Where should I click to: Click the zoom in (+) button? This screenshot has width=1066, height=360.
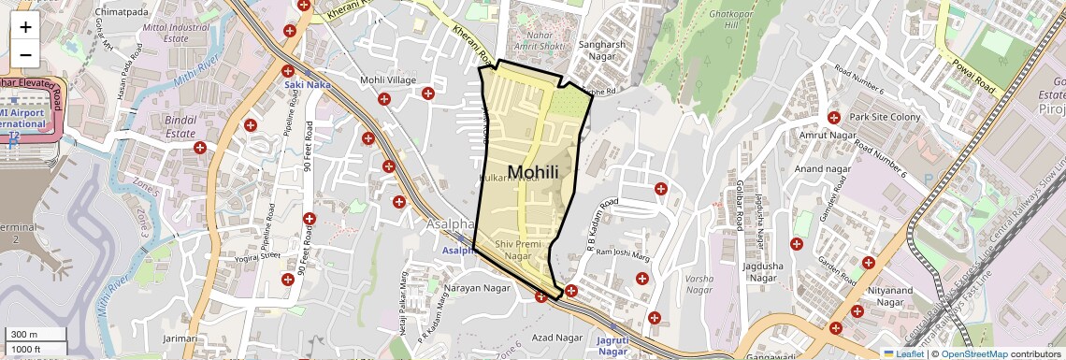(25, 27)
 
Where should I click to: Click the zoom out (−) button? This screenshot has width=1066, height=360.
(25, 54)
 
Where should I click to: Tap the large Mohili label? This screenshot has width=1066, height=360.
(533, 172)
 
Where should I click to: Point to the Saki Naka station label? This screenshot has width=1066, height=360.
(307, 85)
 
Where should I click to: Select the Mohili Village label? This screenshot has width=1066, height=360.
(388, 80)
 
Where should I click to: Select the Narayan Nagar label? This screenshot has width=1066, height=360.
(477, 288)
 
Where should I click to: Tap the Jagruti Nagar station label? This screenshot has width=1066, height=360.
(612, 347)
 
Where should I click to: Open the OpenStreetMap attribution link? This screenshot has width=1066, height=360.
(973, 354)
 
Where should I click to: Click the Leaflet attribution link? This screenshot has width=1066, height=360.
(903, 354)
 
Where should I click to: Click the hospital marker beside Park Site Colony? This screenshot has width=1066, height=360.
(833, 118)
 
